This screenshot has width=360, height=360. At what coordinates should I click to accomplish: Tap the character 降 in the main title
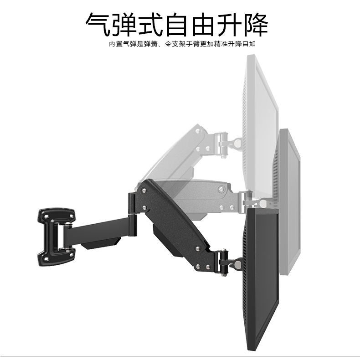pos(256,24)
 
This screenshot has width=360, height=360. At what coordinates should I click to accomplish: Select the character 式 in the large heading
pos(151,24)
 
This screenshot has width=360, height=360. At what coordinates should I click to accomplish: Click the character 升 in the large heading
pos(230,24)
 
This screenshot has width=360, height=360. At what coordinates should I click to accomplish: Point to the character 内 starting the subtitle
pos(112,44)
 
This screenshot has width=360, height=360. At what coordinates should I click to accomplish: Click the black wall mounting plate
pos(56,237)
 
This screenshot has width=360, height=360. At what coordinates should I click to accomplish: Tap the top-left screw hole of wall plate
pos(46,216)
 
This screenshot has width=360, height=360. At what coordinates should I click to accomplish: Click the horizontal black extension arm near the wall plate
pos(99,230)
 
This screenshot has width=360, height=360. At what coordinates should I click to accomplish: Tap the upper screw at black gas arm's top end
pos(144,190)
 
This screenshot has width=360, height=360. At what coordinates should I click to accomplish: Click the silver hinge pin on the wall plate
pos(62,237)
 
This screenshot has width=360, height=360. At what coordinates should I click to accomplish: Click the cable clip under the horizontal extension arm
pos(101,244)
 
